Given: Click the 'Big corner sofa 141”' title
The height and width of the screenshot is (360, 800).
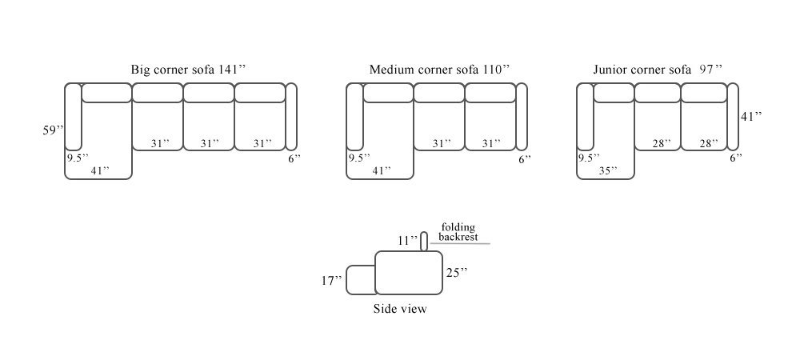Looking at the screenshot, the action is tap(188, 70).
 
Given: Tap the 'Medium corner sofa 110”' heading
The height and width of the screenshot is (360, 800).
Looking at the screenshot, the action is tap(439, 70).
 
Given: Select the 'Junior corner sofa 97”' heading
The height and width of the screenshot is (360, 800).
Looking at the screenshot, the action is tap(658, 70).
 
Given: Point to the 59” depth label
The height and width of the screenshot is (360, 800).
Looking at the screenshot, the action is tap(53, 130).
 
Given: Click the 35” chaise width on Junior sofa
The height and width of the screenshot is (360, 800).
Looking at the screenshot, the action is tap(608, 171).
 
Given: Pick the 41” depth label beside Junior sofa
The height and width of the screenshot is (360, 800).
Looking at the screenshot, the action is tap(751, 116).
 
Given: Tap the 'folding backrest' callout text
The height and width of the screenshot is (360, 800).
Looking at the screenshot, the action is tap(458, 232).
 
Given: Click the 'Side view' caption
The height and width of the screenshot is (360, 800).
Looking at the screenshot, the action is tap(400, 309).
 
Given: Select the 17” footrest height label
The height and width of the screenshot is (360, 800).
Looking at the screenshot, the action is tap(332, 281).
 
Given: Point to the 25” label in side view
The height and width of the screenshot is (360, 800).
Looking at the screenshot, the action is tap(457, 273).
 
